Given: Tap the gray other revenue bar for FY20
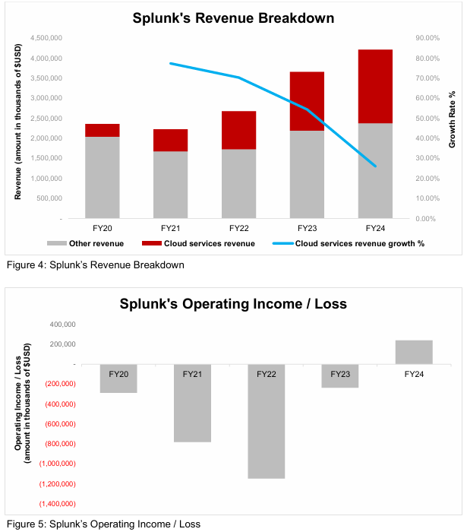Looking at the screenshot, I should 102,177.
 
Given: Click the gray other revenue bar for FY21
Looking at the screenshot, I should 170,185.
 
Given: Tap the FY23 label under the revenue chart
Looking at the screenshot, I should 307,228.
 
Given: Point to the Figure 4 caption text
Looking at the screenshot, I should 95,265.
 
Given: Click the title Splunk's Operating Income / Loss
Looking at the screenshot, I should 233,304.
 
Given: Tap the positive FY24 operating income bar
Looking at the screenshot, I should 413,352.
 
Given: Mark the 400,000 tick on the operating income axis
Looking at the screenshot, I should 60,324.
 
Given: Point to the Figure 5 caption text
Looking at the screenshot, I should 103,524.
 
